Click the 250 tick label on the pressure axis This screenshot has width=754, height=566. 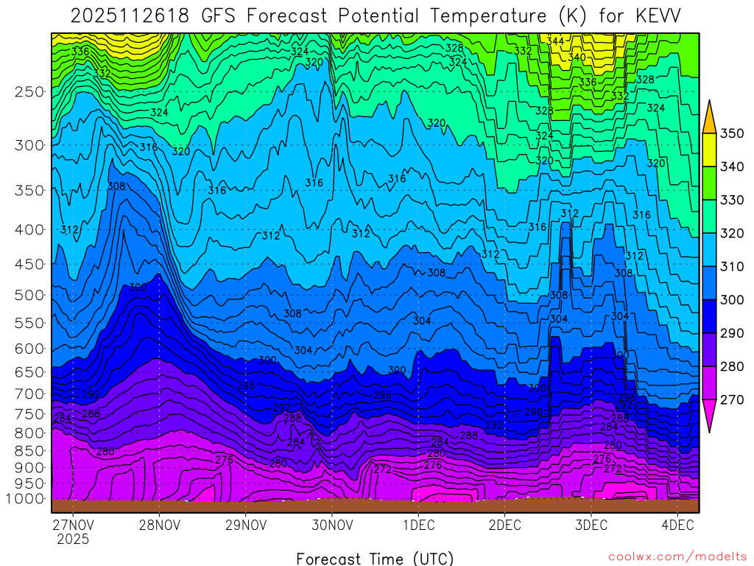click(29, 92)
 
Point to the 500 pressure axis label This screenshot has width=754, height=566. click(29, 296)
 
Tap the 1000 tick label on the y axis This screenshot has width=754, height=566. click(26, 499)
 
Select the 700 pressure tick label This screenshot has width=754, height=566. click(29, 394)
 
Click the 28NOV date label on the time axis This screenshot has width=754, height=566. click(159, 525)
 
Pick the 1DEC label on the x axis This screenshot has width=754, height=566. click(417, 525)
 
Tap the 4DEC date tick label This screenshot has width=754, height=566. click(677, 525)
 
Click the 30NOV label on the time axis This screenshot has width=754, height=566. click(331, 525)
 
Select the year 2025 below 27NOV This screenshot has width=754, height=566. click(73, 539)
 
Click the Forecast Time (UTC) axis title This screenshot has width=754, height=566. click(375, 558)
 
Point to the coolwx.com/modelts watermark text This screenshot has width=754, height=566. click(677, 557)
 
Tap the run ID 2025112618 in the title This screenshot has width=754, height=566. click(132, 15)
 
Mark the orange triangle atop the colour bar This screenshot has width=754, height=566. click(709, 117)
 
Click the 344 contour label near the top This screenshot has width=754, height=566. click(556, 41)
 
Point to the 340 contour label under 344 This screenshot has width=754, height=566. click(577, 57)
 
